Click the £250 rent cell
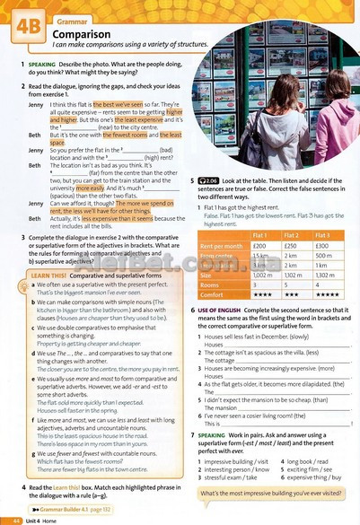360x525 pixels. [294, 245]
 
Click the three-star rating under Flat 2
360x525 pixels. [294, 293]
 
